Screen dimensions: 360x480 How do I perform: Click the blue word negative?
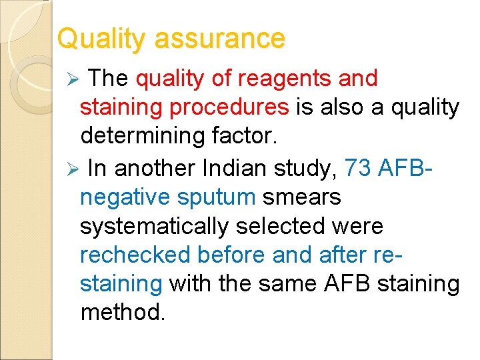(125, 197)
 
